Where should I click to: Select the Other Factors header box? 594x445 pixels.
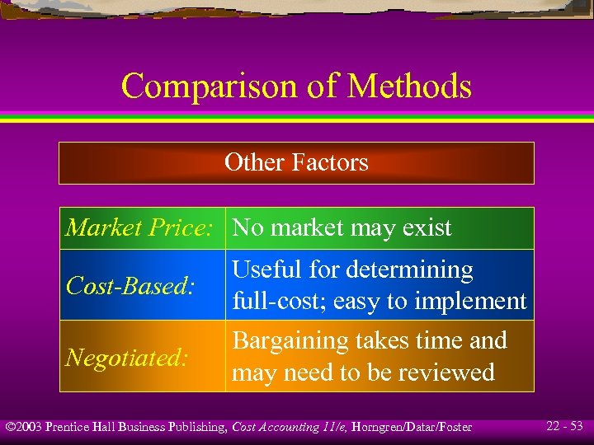click(296, 162)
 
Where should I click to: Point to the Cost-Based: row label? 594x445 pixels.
click(130, 286)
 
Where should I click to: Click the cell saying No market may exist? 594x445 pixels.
click(342, 227)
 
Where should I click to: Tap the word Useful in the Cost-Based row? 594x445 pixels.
click(262, 270)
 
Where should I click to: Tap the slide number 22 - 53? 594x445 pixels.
click(564, 426)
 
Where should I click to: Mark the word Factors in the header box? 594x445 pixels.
click(332, 162)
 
